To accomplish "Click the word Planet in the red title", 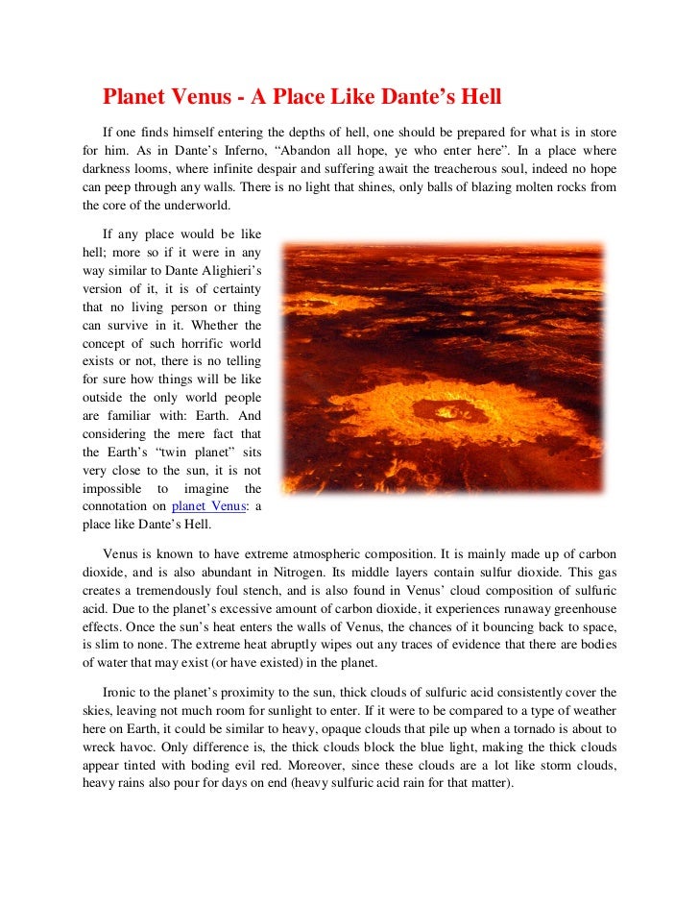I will pos(133,98).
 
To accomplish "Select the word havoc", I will pos(136,747).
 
